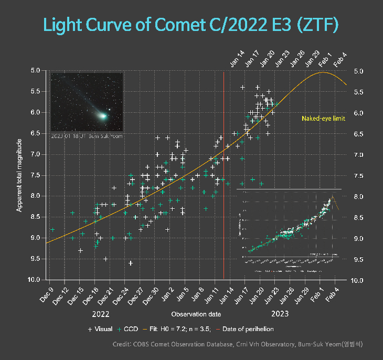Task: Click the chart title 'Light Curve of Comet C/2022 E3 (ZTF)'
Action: [x=190, y=25]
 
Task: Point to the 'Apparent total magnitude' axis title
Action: [x=19, y=175]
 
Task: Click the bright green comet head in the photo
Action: [x=105, y=115]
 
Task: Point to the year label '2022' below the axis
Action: [x=100, y=314]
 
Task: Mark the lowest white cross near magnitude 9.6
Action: [x=130, y=263]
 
